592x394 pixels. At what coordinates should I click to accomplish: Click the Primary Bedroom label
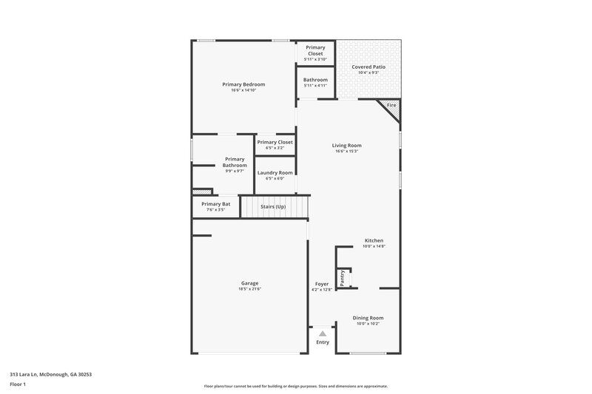pyautogui.click(x=243, y=84)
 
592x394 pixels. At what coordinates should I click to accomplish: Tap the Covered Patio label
pyautogui.click(x=368, y=67)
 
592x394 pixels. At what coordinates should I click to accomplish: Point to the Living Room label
pyautogui.click(x=346, y=145)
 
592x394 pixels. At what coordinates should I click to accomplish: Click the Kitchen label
pyautogui.click(x=374, y=241)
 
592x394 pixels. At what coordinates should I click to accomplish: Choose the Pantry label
pyautogui.click(x=342, y=277)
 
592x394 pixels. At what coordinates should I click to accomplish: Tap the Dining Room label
pyautogui.click(x=368, y=318)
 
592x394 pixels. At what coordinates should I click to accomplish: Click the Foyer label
pyautogui.click(x=322, y=284)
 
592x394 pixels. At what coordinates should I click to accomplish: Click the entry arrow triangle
pyautogui.click(x=323, y=334)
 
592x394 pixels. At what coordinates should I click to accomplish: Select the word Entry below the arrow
pyautogui.click(x=323, y=342)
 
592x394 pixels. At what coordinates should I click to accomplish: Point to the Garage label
pyautogui.click(x=249, y=283)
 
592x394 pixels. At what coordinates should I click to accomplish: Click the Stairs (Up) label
pyautogui.click(x=273, y=206)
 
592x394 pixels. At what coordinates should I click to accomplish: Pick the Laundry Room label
pyautogui.click(x=275, y=172)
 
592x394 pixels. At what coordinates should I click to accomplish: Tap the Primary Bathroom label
pyautogui.click(x=235, y=162)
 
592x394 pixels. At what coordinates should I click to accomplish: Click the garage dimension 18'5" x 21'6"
pyautogui.click(x=249, y=289)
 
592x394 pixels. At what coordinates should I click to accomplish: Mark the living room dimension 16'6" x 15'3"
pyautogui.click(x=346, y=152)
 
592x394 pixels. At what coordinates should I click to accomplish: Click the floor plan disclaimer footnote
pyautogui.click(x=296, y=386)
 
